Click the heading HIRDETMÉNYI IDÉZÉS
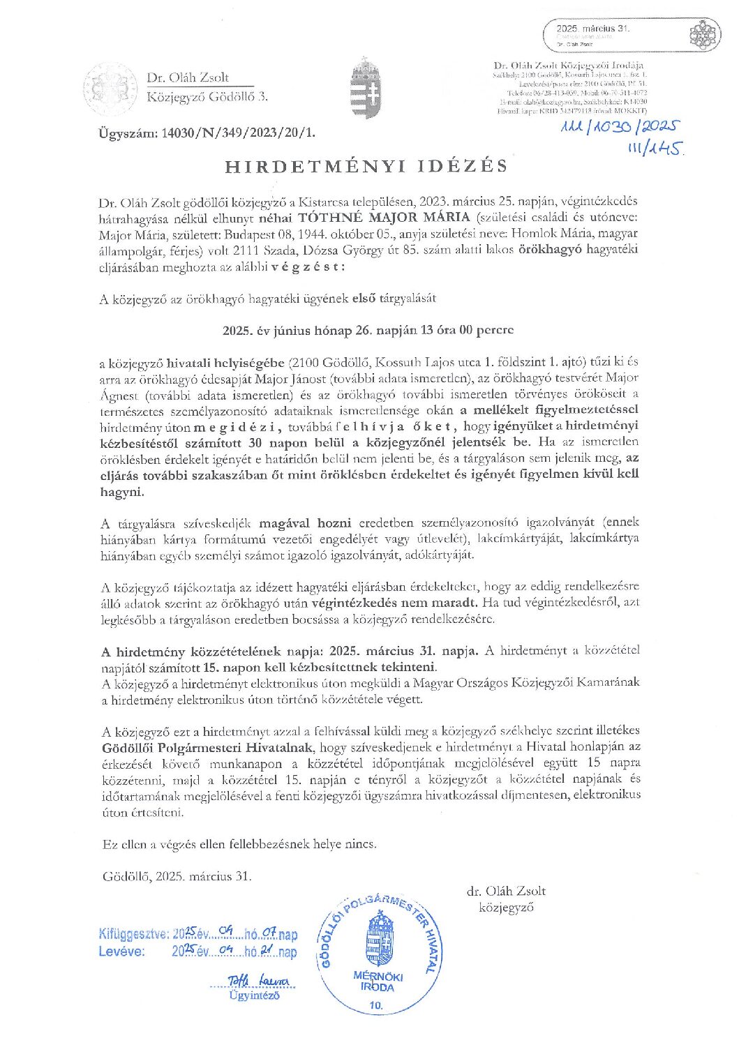[x=366, y=166]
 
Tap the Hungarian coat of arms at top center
[x=366, y=89]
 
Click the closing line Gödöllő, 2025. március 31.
[x=177, y=876]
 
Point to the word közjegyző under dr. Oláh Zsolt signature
[x=506, y=907]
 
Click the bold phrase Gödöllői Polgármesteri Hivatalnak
[x=209, y=747]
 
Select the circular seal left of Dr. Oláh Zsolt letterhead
[x=110, y=89]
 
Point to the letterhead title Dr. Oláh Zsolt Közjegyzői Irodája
[x=568, y=66]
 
